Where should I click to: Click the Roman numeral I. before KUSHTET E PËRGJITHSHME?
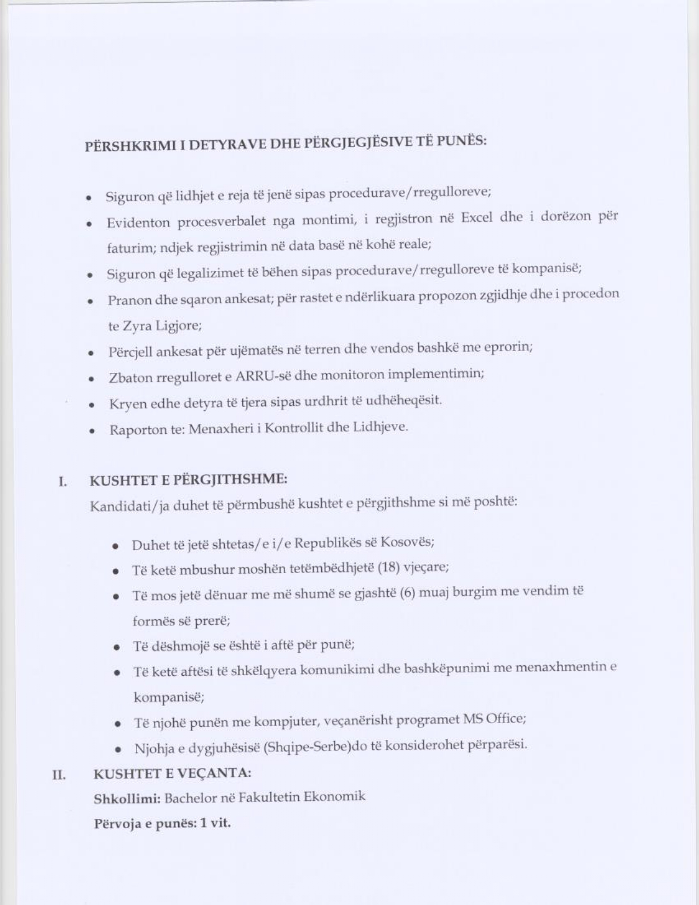63,482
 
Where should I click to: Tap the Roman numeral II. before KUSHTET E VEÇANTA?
59,775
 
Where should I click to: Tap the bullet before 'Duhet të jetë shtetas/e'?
116,547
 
